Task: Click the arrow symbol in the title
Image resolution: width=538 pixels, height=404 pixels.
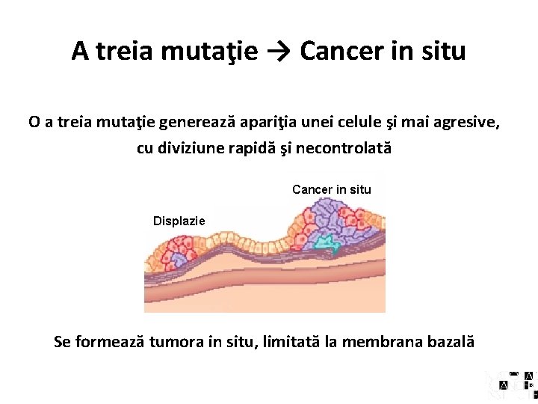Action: pos(279,51)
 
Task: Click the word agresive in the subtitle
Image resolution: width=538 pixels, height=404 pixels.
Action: pos(464,121)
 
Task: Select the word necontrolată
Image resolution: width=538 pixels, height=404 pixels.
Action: pos(344,148)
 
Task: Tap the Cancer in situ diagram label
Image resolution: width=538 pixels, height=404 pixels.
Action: pos(331,189)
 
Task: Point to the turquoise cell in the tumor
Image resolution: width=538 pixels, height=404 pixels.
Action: pos(325,242)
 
